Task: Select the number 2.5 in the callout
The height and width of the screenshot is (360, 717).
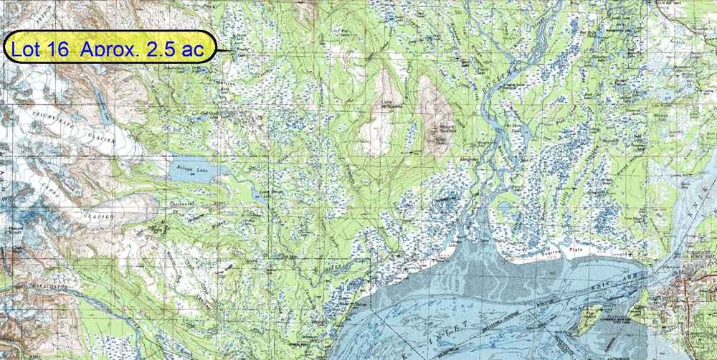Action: pos(158,48)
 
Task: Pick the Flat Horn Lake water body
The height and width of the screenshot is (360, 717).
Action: pos(524,132)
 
